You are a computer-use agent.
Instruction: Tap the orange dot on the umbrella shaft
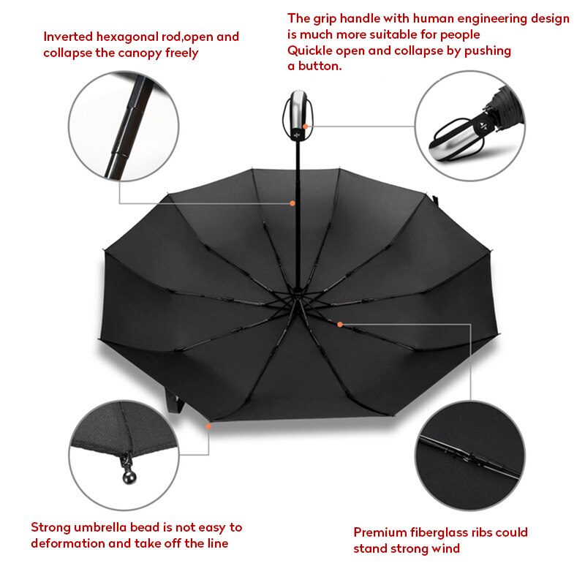[292, 203]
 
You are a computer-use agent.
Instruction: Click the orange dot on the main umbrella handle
[305, 127]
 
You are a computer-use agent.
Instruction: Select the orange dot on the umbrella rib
[340, 325]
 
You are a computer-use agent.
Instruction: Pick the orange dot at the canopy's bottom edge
[208, 426]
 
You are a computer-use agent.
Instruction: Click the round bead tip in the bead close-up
[129, 478]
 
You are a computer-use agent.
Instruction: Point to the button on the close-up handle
[484, 126]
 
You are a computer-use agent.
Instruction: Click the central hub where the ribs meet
[298, 293]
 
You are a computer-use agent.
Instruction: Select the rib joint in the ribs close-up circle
[471, 458]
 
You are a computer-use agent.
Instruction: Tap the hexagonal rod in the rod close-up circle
[129, 126]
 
